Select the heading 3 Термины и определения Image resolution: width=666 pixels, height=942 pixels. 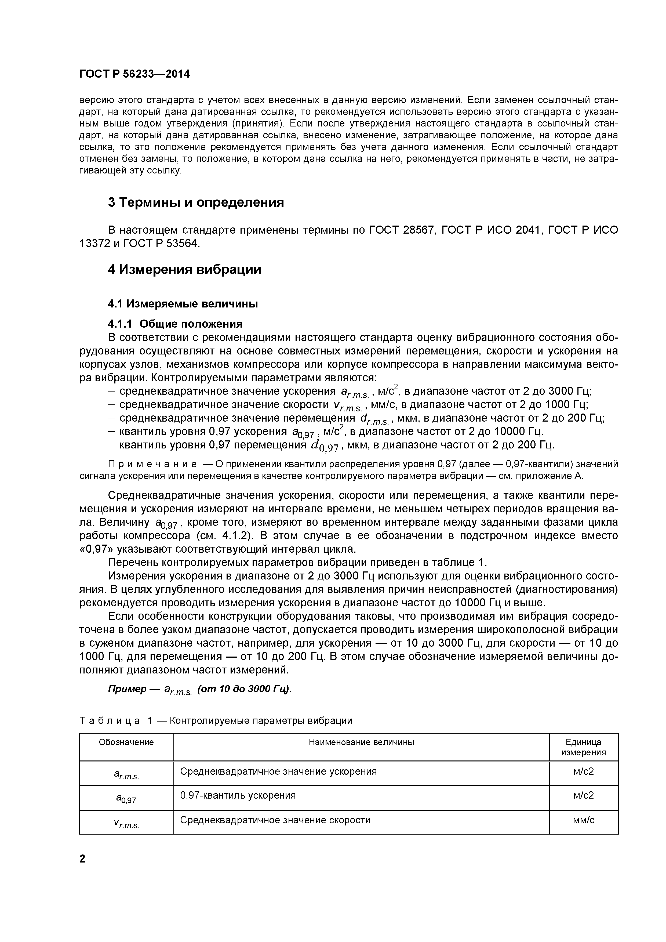pos(196,202)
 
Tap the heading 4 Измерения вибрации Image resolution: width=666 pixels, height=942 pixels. pos(184,270)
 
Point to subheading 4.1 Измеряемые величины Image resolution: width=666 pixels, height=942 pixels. pos(183,304)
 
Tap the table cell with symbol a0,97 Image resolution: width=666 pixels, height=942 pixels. pos(126,798)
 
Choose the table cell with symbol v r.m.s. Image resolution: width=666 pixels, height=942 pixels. pos(126,823)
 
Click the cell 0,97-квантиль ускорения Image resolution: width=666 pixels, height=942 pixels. pos(238,796)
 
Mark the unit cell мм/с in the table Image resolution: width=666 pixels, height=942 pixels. pos(584,820)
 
